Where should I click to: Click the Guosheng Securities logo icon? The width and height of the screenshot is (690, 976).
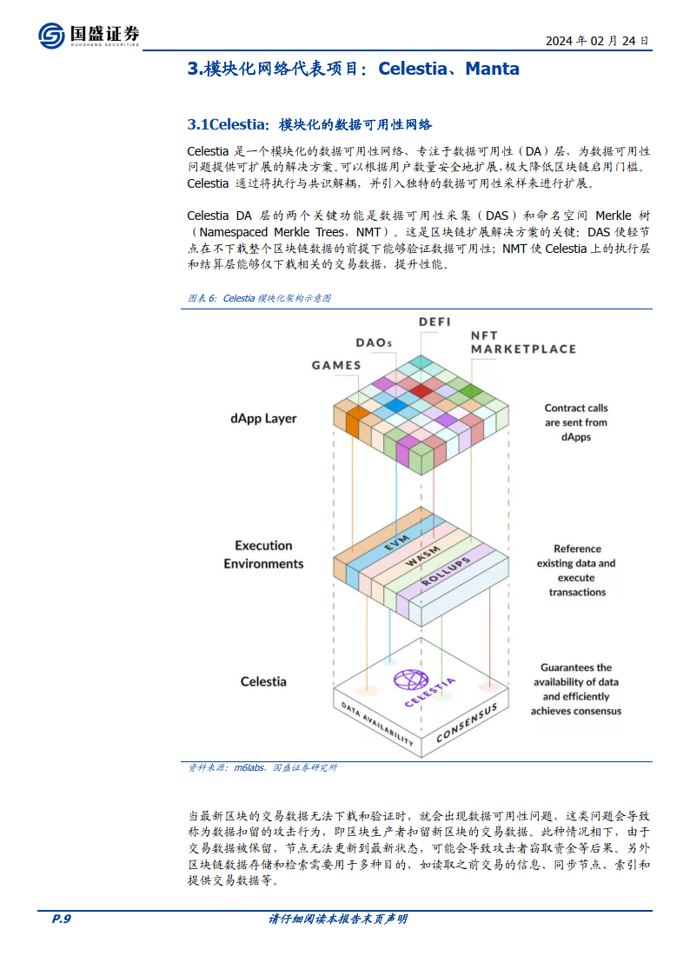51,35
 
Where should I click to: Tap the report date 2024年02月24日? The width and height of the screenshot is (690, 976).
597,41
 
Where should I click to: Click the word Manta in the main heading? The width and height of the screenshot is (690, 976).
492,69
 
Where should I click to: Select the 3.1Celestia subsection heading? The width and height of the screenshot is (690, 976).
310,124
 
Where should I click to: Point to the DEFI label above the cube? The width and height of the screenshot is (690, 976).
435,322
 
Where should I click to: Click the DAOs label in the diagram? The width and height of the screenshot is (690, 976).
374,343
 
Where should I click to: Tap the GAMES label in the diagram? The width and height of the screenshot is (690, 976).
336,365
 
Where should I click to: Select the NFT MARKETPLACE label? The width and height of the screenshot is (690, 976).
523,342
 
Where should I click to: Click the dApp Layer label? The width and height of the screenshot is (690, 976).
263,418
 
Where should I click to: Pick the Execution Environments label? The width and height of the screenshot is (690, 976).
263,554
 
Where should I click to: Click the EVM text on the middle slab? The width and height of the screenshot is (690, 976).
396,543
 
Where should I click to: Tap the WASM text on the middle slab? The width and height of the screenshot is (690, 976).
423,556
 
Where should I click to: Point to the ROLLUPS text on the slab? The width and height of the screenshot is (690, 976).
446,571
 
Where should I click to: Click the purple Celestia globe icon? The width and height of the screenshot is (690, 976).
411,680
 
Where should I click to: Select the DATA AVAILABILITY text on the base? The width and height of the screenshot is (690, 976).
377,723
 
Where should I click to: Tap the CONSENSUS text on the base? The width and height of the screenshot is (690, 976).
467,723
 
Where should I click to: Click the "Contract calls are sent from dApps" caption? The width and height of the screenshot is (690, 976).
576,422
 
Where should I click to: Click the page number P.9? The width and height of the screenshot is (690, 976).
61,919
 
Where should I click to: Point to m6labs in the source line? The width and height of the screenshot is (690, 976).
249,767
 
